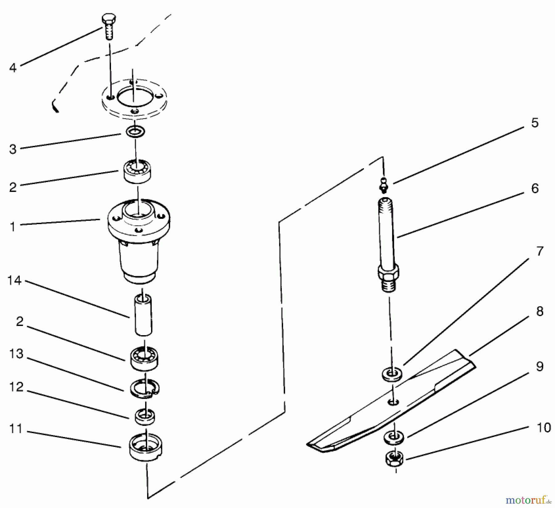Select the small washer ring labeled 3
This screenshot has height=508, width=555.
135,132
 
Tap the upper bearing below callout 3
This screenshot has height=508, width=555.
138,172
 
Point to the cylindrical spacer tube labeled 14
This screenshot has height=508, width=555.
143,315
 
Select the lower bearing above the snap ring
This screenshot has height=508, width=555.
144,358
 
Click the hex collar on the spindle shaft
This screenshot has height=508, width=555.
388,272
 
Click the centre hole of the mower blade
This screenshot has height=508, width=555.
393,402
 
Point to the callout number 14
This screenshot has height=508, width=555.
14,281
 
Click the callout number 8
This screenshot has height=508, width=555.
540,311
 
